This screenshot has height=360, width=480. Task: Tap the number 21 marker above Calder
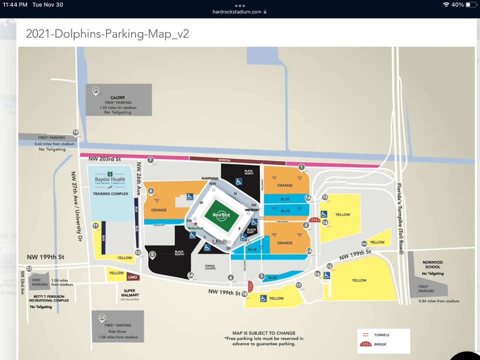(x=95, y=90)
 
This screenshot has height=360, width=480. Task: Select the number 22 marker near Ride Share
(x=102, y=317)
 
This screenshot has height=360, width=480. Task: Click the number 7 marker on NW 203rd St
(x=150, y=160)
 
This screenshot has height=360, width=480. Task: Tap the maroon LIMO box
(x=132, y=277)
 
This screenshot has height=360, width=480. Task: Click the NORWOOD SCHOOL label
(x=432, y=264)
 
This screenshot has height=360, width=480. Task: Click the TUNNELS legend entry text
(x=381, y=335)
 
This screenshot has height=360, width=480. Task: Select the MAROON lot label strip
(x=224, y=160)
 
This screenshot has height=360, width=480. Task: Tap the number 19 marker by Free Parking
(x=75, y=132)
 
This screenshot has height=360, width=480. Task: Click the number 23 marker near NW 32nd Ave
(x=29, y=268)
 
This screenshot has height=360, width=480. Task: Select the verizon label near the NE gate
(x=251, y=210)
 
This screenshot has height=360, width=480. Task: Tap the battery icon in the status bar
(x=470, y=4)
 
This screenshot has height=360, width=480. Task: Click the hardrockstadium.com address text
(x=236, y=11)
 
